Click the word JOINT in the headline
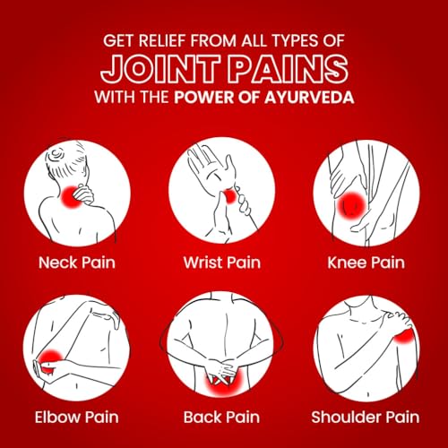tap(160, 69)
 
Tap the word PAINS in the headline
tap(288, 69)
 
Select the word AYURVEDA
tap(309, 98)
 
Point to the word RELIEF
tap(162, 40)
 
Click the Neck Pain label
tap(77, 263)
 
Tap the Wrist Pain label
tap(222, 263)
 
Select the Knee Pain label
tap(366, 263)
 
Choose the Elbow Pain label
tap(77, 417)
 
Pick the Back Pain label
tap(221, 417)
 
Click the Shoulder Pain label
tap(366, 417)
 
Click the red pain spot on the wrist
tap(230, 196)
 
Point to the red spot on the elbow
tap(51, 360)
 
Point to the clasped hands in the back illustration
tap(222, 370)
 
